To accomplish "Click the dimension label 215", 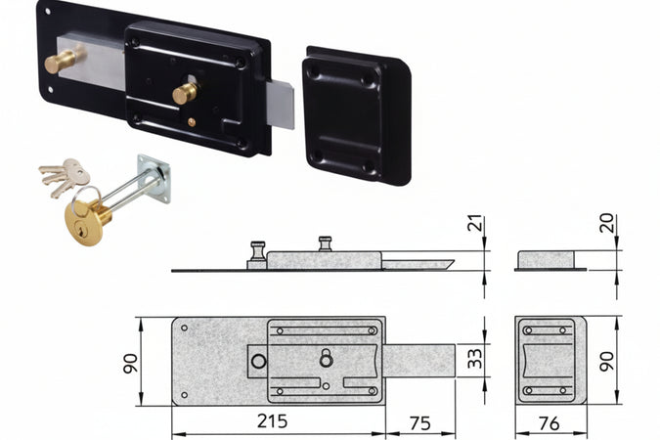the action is click(x=273, y=421).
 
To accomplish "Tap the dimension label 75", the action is click(x=419, y=423).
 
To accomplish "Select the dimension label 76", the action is click(x=550, y=423).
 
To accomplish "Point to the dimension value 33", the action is click(x=475, y=358).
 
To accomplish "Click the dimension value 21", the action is click(x=475, y=223).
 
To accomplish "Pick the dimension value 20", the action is click(x=607, y=223).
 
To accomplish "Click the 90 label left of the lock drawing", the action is click(x=130, y=364).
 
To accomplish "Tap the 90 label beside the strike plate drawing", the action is click(x=607, y=362).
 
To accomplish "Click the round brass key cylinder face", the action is click(x=83, y=223).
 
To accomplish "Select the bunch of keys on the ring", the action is click(x=66, y=177).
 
